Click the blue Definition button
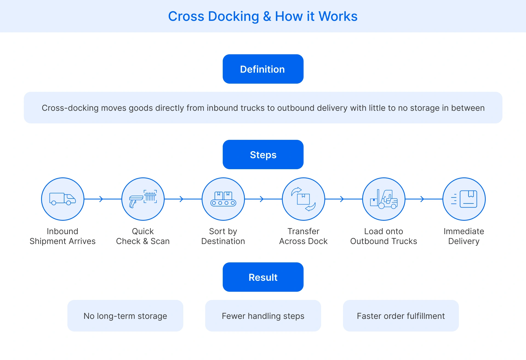263,69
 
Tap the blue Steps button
263,155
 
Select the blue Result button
263,277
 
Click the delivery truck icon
62,199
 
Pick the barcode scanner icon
143,199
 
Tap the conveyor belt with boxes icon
223,199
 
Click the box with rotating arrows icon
303,199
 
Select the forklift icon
384,199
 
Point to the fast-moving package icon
464,199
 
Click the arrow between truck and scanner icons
101,199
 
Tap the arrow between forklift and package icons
422,199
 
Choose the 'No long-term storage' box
125,316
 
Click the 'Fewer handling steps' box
263,316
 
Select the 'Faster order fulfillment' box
401,316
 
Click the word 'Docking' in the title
233,16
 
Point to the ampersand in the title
267,16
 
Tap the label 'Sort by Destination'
223,236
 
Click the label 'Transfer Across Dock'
303,236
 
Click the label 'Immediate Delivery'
464,236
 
